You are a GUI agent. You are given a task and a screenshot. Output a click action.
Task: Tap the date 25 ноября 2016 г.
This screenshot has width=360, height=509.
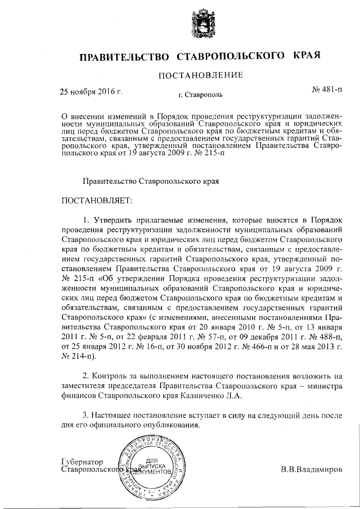[91, 90]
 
